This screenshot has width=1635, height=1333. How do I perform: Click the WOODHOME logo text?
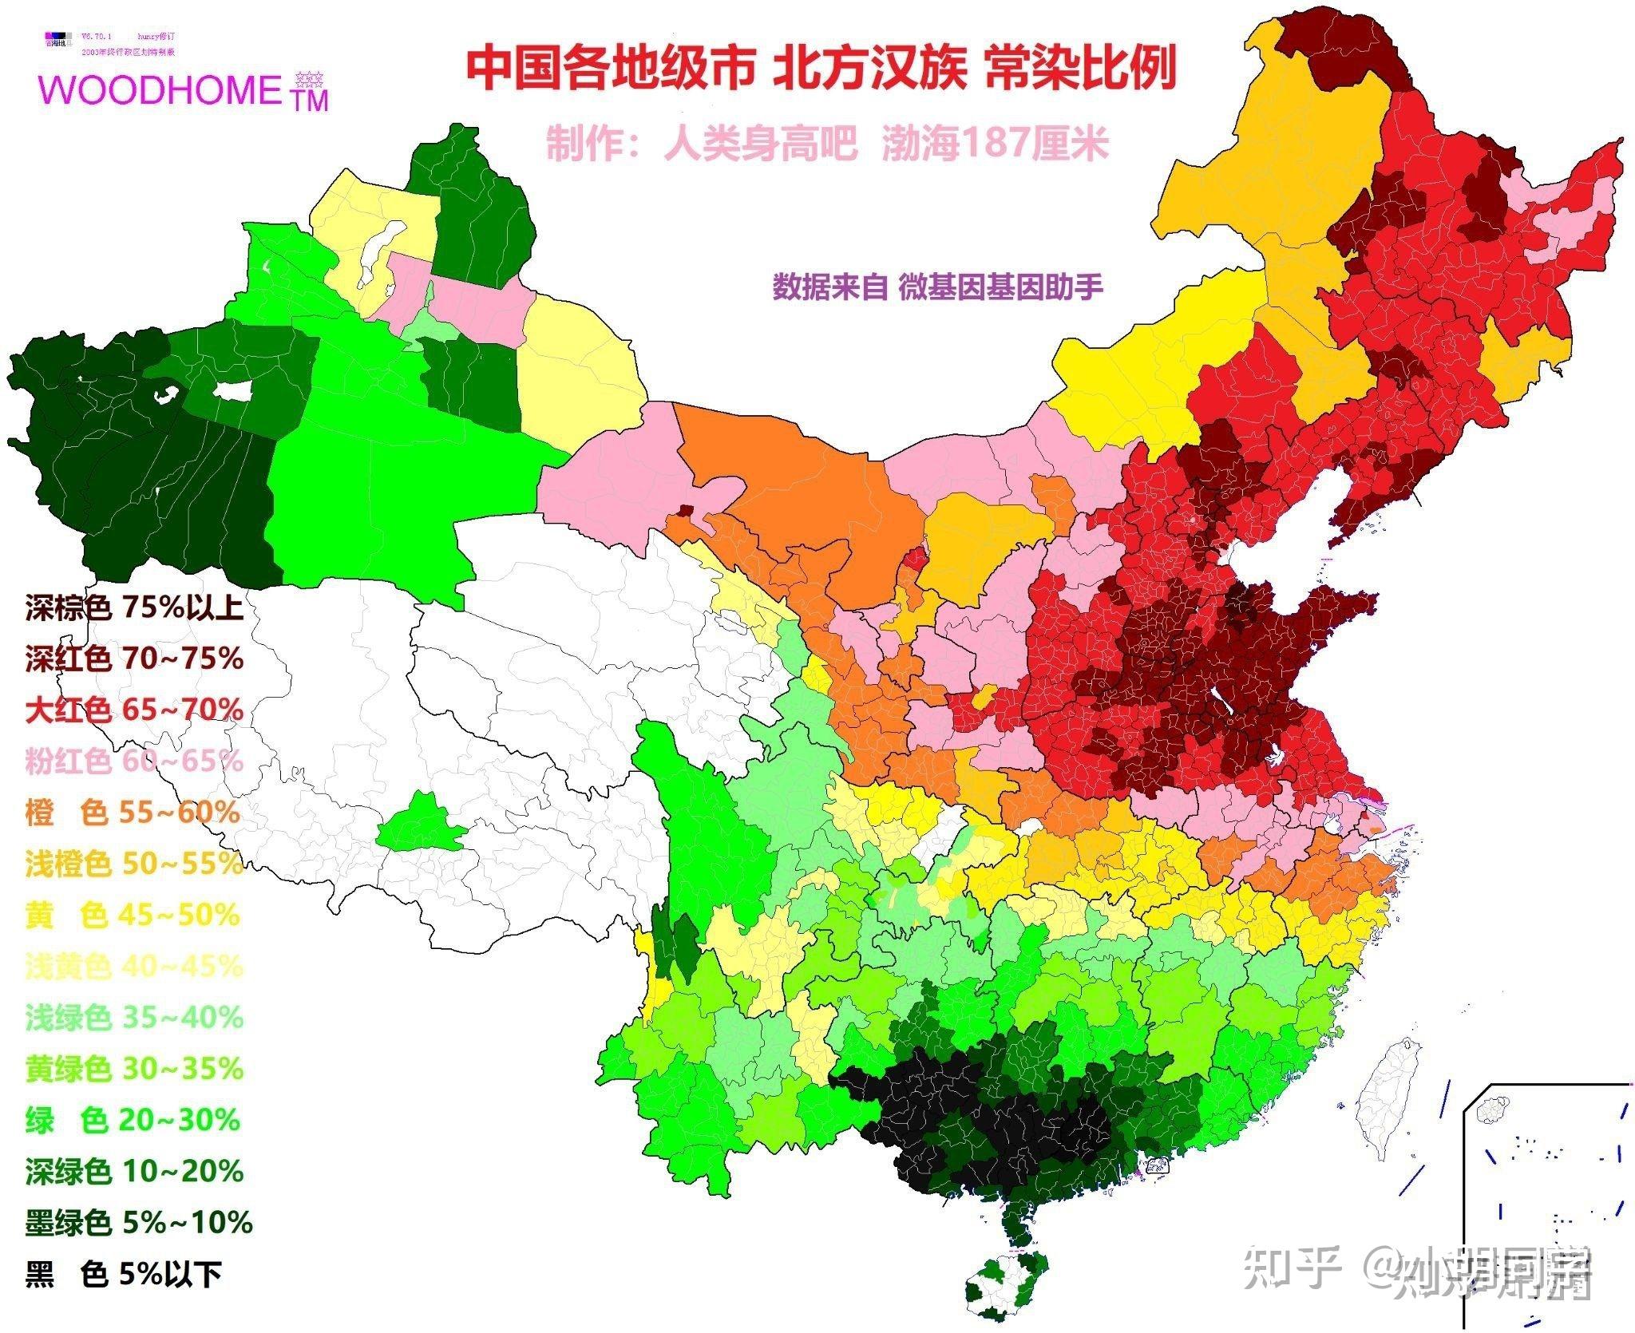click(160, 90)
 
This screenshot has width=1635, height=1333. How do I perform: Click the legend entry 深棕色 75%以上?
click(133, 609)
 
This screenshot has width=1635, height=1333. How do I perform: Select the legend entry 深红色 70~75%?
click(133, 659)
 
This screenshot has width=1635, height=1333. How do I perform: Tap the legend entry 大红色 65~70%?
click(133, 710)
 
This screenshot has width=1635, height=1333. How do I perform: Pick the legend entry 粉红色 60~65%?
click(133, 761)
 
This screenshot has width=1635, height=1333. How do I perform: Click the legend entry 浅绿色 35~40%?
click(133, 1018)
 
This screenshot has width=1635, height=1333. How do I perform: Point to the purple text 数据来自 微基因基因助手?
click(937, 286)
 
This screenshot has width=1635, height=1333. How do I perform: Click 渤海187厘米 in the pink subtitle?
click(995, 144)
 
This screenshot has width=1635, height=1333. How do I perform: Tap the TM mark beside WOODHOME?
click(310, 100)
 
